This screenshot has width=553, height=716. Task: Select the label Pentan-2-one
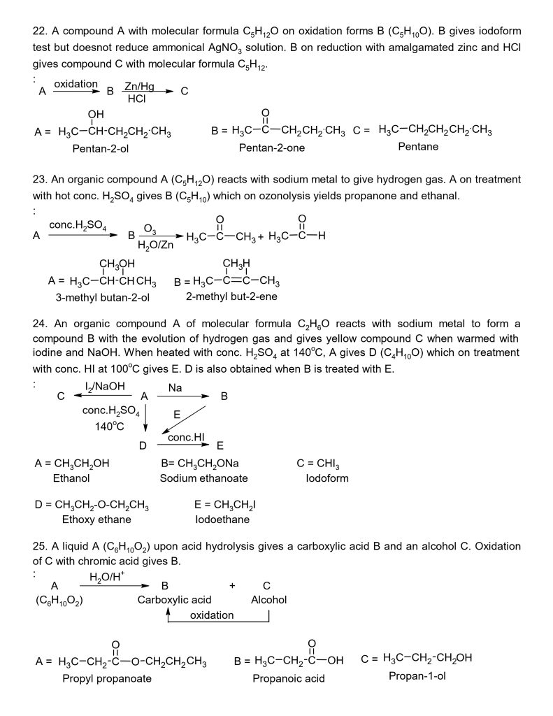[272, 148]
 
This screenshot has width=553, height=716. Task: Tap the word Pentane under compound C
[418, 147]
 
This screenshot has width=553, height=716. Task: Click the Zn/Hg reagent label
[139, 85]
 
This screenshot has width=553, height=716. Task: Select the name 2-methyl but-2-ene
[227, 296]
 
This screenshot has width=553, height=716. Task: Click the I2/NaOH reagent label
[100, 385]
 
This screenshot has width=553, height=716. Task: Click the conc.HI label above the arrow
[185, 437]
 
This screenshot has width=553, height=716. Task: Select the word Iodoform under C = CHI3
[326, 478]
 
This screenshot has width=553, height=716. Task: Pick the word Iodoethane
[222, 520]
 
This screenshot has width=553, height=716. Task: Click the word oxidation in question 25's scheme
[212, 615]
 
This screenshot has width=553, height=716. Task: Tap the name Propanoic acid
[289, 678]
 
